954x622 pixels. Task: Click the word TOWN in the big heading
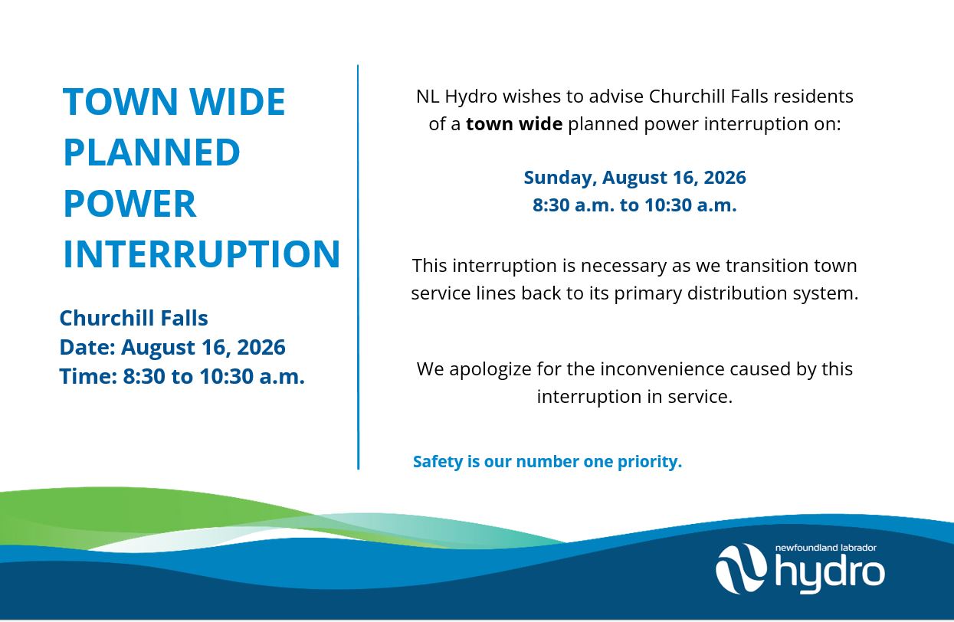120,101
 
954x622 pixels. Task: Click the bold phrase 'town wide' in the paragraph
514,124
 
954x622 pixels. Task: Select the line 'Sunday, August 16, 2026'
634,178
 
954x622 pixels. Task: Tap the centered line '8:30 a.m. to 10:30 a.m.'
634,205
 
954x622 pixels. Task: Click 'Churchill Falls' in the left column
134,318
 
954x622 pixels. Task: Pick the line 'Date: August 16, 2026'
172,347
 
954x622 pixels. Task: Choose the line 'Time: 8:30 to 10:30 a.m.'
182,376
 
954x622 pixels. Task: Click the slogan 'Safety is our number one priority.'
547,461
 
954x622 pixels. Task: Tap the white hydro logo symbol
741,568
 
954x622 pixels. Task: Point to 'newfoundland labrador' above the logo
826,548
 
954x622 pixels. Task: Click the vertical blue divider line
358,267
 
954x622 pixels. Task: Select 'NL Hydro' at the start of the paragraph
457,97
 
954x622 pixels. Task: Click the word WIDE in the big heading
238,101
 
